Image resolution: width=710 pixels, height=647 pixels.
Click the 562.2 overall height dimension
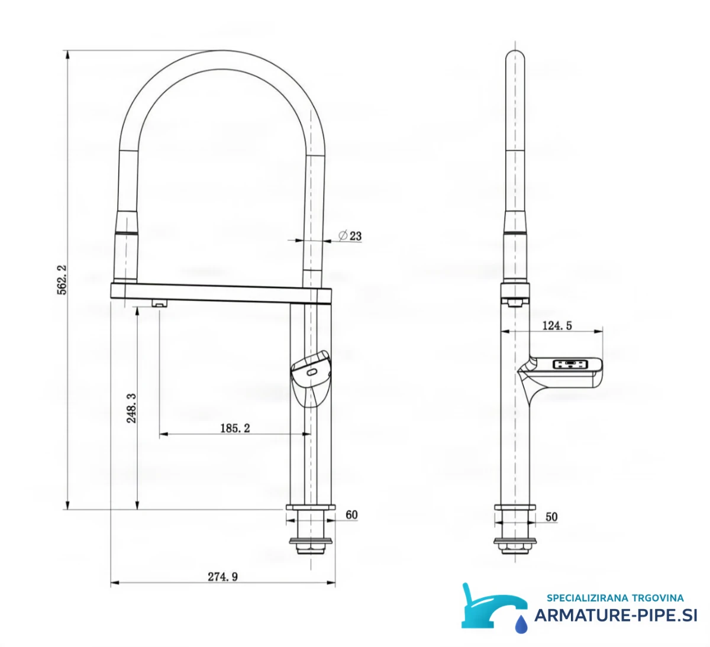[x=62, y=280]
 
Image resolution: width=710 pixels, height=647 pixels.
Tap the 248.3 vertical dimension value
[x=131, y=408]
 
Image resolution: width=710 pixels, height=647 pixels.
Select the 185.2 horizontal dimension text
[x=235, y=428]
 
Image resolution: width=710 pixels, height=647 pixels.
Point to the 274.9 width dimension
[x=222, y=577]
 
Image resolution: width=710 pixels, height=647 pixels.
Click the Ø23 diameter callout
[x=350, y=236]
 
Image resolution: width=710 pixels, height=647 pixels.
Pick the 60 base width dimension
[x=351, y=515]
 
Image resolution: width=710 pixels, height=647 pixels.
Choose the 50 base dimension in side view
[x=551, y=517]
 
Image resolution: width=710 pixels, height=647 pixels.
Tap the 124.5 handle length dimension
[x=557, y=326]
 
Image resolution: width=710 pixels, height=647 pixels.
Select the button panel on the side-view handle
[x=571, y=364]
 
